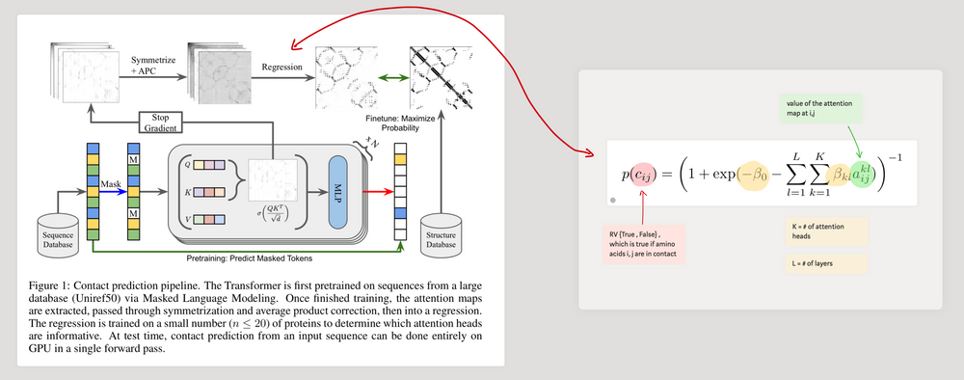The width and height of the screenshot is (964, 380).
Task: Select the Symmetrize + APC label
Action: (x=152, y=64)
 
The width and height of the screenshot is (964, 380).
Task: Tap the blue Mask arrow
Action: (x=110, y=192)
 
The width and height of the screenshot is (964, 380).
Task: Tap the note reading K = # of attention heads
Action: (x=821, y=231)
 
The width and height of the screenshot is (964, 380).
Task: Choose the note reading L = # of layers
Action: (x=821, y=262)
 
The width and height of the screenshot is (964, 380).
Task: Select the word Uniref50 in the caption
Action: (x=92, y=300)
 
